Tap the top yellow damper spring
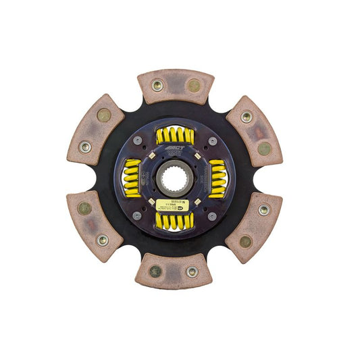pyautogui.click(x=175, y=136)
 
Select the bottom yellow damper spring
pyautogui.click(x=175, y=222)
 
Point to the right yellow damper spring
pyautogui.click(x=217, y=178)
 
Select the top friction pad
pyautogui.click(x=175, y=86)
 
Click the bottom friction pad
pyautogui.click(x=174, y=271)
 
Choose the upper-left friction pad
pyautogui.click(x=95, y=132)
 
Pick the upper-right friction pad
pyautogui.click(x=255, y=132)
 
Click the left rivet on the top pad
pyautogui.click(x=157, y=85)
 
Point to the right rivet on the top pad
pyautogui.click(x=194, y=86)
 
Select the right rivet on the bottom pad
pyautogui.click(x=192, y=272)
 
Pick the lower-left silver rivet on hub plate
pyautogui.click(x=137, y=215)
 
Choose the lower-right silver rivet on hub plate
pyautogui.click(x=212, y=215)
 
